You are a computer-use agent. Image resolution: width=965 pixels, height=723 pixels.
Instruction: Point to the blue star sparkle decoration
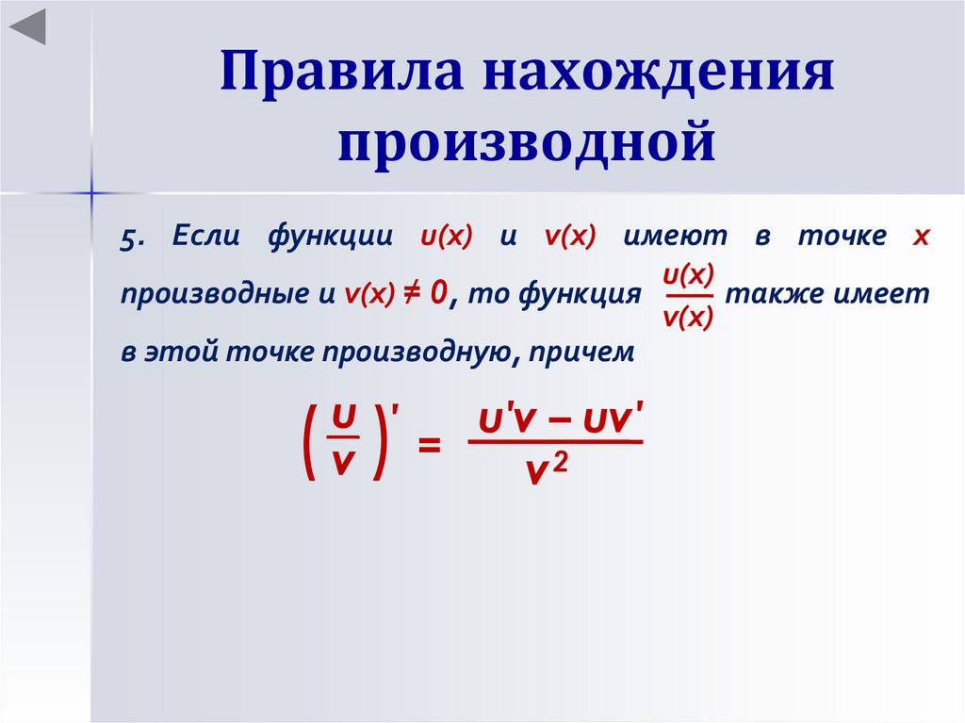tap(92, 193)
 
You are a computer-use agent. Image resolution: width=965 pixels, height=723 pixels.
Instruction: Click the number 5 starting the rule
tap(128, 238)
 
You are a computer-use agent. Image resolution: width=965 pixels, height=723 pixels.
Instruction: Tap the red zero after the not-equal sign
tap(436, 294)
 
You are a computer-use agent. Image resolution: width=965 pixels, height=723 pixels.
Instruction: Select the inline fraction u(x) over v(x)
tap(688, 296)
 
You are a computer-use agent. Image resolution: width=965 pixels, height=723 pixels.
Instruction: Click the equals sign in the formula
tap(429, 444)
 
